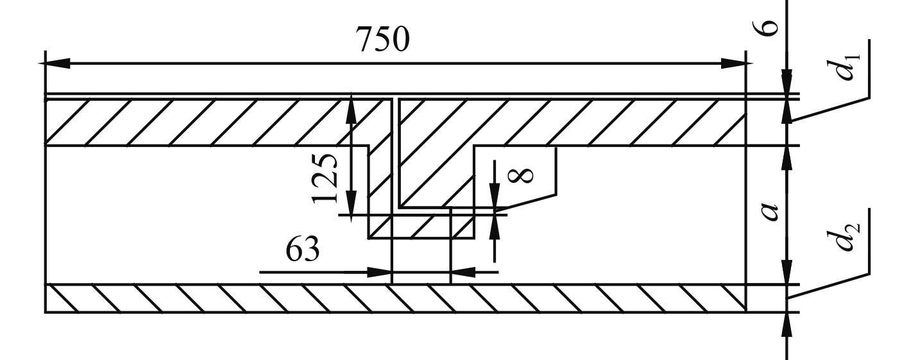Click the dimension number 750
[x=382, y=40]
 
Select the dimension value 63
[x=302, y=251]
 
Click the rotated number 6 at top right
[x=770, y=26]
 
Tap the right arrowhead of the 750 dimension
[x=738, y=63]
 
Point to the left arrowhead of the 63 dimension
[x=382, y=272]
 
